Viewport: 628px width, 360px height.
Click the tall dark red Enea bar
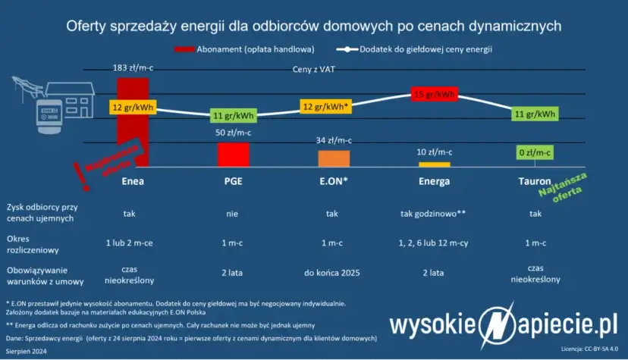point(133,136)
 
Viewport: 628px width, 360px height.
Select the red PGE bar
point(232,155)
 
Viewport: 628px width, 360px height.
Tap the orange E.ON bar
point(334,158)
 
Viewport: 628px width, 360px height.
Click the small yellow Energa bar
point(435,164)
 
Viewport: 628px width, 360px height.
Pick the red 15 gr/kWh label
point(435,95)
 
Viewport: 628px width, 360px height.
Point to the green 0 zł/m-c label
point(535,152)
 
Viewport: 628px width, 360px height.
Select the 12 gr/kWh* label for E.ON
point(325,107)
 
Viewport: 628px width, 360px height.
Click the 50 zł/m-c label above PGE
point(233,133)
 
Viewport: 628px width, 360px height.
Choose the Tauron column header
point(535,182)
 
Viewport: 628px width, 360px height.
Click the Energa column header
point(435,182)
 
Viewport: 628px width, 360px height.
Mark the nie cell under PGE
point(232,214)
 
